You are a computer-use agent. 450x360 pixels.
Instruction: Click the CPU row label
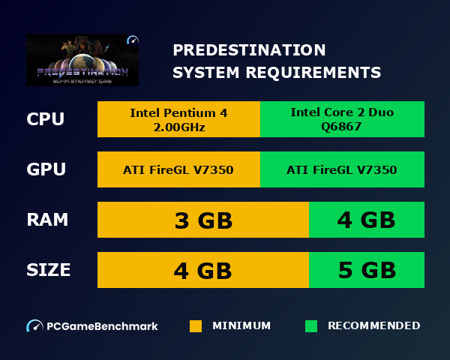[45, 119]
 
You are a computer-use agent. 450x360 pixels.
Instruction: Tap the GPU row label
[46, 169]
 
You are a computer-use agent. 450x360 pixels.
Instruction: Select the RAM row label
[47, 220]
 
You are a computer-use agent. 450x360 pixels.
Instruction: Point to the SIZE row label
[49, 270]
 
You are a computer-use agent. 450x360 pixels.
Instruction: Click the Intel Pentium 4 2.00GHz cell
[178, 119]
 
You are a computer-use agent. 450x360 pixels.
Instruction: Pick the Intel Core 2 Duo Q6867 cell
[342, 119]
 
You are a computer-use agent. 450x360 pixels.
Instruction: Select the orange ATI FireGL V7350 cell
[178, 169]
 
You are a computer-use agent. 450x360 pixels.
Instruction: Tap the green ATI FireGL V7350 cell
[342, 169]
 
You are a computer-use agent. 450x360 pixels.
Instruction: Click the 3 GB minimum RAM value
[203, 220]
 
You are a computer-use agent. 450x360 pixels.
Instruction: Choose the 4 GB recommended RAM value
[367, 220]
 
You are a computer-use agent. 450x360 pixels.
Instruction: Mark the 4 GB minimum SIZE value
[203, 270]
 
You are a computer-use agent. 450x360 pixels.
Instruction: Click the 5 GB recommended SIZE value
[367, 270]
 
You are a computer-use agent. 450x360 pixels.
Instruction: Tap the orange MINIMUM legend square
[196, 326]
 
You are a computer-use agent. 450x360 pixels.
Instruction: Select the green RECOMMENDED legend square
[311, 326]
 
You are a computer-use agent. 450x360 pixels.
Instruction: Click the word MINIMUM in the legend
[241, 326]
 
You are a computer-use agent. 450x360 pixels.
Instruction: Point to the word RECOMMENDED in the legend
[373, 326]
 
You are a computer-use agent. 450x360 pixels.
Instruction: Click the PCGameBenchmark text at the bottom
[102, 326]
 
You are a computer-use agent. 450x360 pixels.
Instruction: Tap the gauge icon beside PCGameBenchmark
[34, 326]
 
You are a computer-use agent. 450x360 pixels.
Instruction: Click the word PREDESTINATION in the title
[249, 50]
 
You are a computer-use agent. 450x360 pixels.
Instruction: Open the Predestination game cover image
[82, 59]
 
